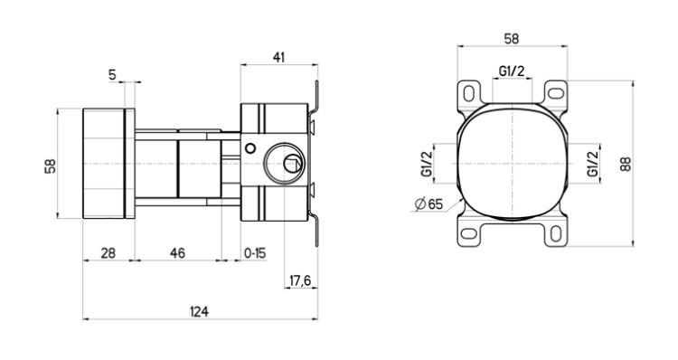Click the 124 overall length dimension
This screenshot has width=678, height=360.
coord(199,311)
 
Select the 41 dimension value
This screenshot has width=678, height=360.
coord(278,56)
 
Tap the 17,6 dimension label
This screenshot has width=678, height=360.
coord(299,281)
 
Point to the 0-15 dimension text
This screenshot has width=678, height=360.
coord(255,254)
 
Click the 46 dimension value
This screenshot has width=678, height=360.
coord(177,254)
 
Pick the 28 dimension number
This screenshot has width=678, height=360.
coord(108,254)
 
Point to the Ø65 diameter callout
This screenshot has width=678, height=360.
coord(428,204)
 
